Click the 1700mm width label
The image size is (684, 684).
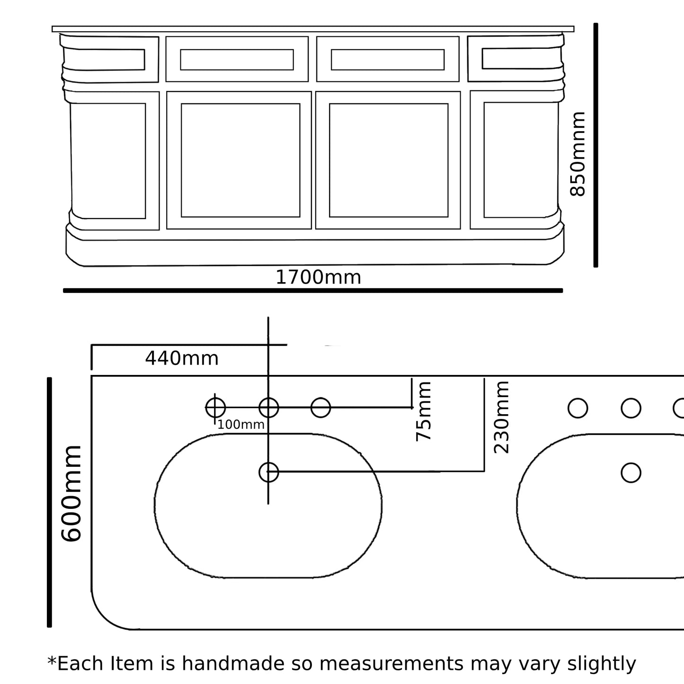318,277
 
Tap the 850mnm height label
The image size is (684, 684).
578,154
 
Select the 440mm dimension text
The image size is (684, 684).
182,359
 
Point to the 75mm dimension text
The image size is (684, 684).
424,411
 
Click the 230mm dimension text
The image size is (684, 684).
502,417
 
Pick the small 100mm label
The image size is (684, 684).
240,425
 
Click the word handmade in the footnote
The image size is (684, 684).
247,664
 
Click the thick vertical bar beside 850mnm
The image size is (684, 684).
595,145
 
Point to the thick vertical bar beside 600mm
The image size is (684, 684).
49,502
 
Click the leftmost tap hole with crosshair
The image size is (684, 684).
215,408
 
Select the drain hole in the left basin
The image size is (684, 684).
268,472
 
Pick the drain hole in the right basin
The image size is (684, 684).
631,472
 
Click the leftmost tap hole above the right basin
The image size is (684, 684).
577,408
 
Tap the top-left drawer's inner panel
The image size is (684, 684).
104,59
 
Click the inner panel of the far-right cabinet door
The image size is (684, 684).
521,160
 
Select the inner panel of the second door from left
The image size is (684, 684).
240,160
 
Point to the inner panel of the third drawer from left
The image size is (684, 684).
388,60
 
